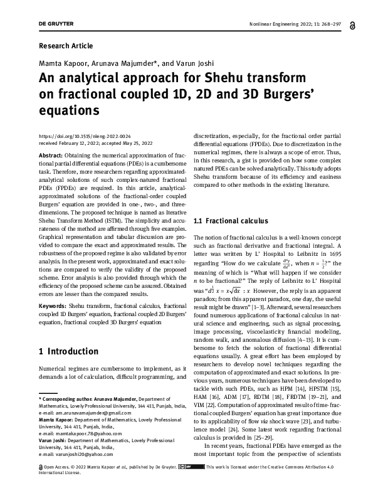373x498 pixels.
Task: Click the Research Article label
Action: tap(66, 46)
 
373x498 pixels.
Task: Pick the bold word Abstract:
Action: tap(55, 155)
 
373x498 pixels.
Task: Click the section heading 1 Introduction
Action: tap(68, 352)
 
